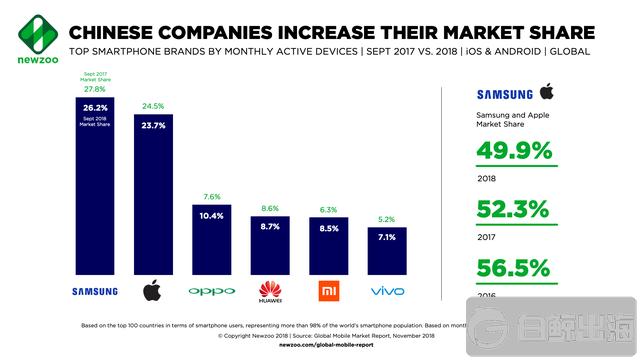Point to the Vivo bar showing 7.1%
(387, 249)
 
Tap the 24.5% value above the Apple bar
(154, 104)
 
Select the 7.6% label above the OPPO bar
(212, 196)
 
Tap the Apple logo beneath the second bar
(154, 291)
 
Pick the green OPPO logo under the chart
(212, 292)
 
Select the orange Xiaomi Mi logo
(329, 291)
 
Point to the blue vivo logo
(387, 292)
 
